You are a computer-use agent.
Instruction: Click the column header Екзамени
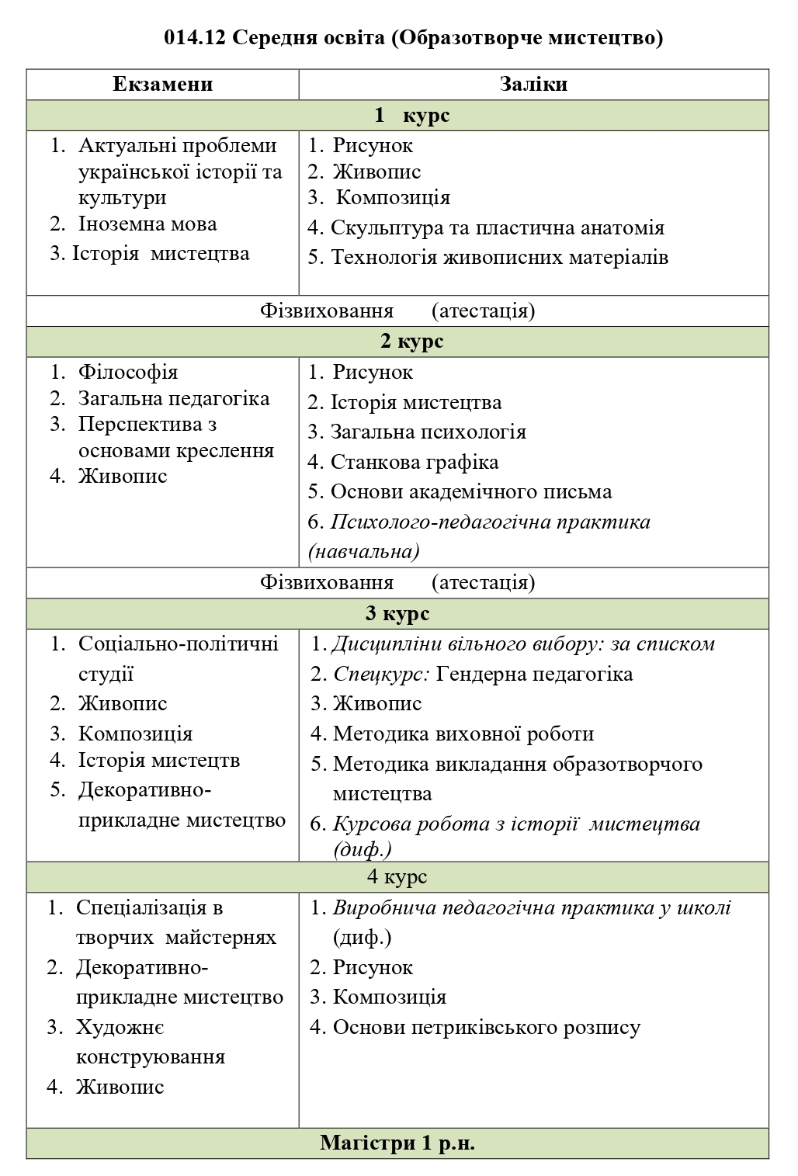162,85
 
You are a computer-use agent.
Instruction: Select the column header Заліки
533,85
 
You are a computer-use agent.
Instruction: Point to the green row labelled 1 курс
397,116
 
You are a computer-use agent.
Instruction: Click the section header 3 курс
397,613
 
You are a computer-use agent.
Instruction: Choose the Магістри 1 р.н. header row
397,1143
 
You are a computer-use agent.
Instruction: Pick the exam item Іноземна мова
147,224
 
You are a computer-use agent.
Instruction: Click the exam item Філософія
128,373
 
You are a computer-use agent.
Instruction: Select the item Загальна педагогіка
174,399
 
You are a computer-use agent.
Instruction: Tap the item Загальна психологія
428,432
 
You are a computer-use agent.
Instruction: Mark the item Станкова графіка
415,463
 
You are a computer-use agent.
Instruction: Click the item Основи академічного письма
470,492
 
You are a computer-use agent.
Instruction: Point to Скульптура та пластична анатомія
497,228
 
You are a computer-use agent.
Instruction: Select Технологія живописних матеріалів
499,258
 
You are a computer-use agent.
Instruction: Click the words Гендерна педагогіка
534,674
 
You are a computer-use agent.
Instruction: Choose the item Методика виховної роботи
463,734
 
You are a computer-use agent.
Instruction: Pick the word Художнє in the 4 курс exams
120,1028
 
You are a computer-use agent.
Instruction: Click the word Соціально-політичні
178,644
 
